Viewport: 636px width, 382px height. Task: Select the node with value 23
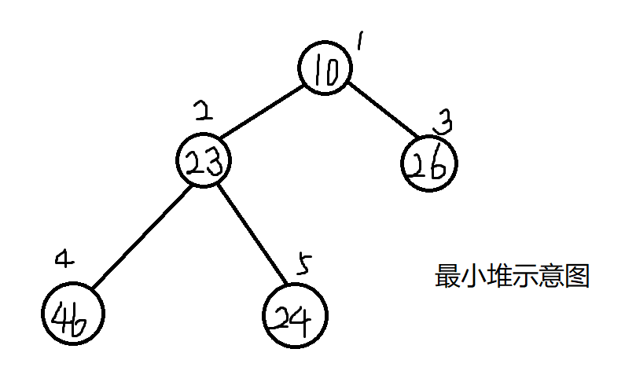pyautogui.click(x=203, y=161)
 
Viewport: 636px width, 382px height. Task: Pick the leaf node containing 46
pyautogui.click(x=72, y=316)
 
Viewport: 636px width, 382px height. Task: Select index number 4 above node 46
pyautogui.click(x=65, y=259)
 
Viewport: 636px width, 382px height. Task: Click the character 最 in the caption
pyautogui.click(x=448, y=277)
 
